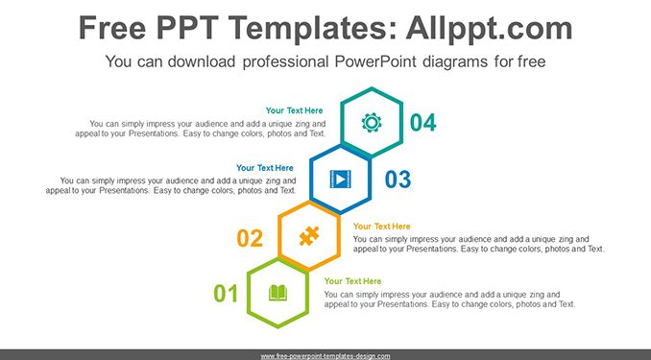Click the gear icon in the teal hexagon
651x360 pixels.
point(372,123)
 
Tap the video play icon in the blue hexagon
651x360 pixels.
point(341,179)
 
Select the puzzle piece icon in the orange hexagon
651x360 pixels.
point(309,236)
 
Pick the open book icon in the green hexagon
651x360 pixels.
point(277,293)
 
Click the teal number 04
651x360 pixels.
point(423,123)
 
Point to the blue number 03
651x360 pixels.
point(398,180)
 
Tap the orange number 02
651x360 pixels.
point(250,238)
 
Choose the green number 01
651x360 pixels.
point(226,294)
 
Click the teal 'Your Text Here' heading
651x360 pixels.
point(295,110)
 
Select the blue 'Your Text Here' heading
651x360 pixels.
point(265,168)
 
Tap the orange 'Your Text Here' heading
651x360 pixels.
point(381,227)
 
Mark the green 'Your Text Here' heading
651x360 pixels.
point(352,281)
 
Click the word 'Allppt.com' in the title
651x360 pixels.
point(489,29)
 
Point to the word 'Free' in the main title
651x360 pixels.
point(112,28)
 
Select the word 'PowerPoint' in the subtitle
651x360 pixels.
point(375,61)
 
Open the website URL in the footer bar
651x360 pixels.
point(325,356)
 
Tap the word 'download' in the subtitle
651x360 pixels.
point(202,61)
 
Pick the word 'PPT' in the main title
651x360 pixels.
point(187,28)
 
